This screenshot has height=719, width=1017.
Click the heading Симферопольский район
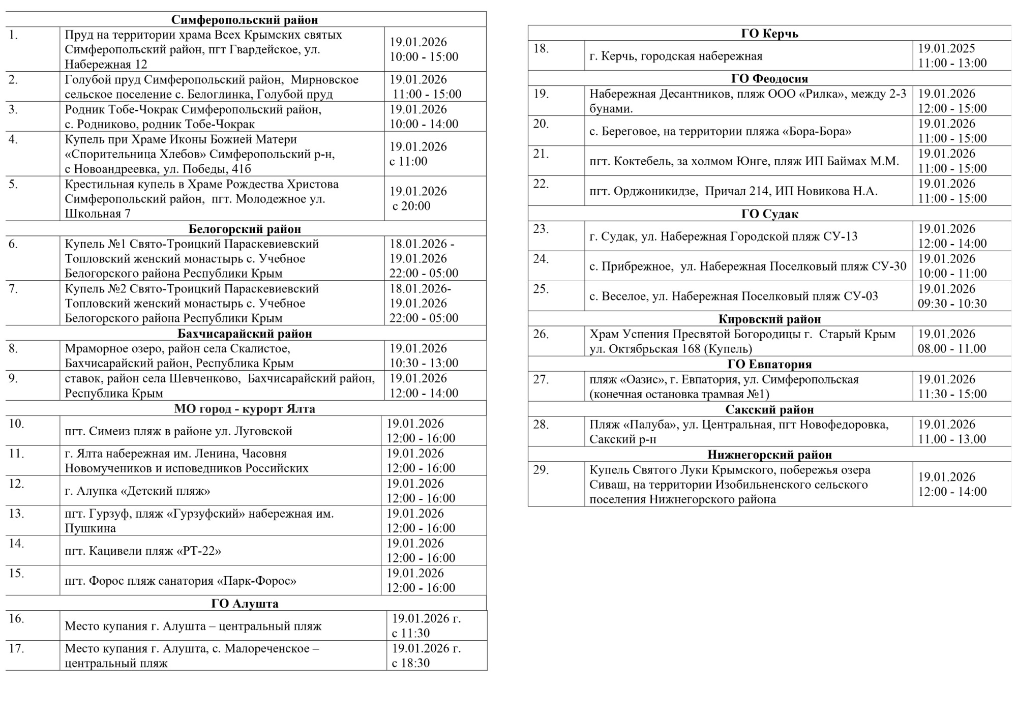245,20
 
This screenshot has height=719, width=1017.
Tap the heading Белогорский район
245,229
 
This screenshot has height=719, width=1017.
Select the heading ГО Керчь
769,34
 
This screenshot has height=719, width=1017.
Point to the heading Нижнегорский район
769,455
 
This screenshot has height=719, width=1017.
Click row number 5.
14,184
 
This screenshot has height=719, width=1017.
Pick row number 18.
541,49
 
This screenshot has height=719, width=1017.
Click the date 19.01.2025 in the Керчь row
946,48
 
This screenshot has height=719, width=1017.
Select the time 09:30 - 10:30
952,304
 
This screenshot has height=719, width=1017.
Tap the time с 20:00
411,206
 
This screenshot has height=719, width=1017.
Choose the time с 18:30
411,663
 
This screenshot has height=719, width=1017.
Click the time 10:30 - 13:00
424,363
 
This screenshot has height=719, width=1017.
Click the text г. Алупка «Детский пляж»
137,491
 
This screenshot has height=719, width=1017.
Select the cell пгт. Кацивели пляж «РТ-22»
143,551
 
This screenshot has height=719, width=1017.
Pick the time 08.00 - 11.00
951,349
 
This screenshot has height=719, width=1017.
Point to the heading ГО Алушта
245,604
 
